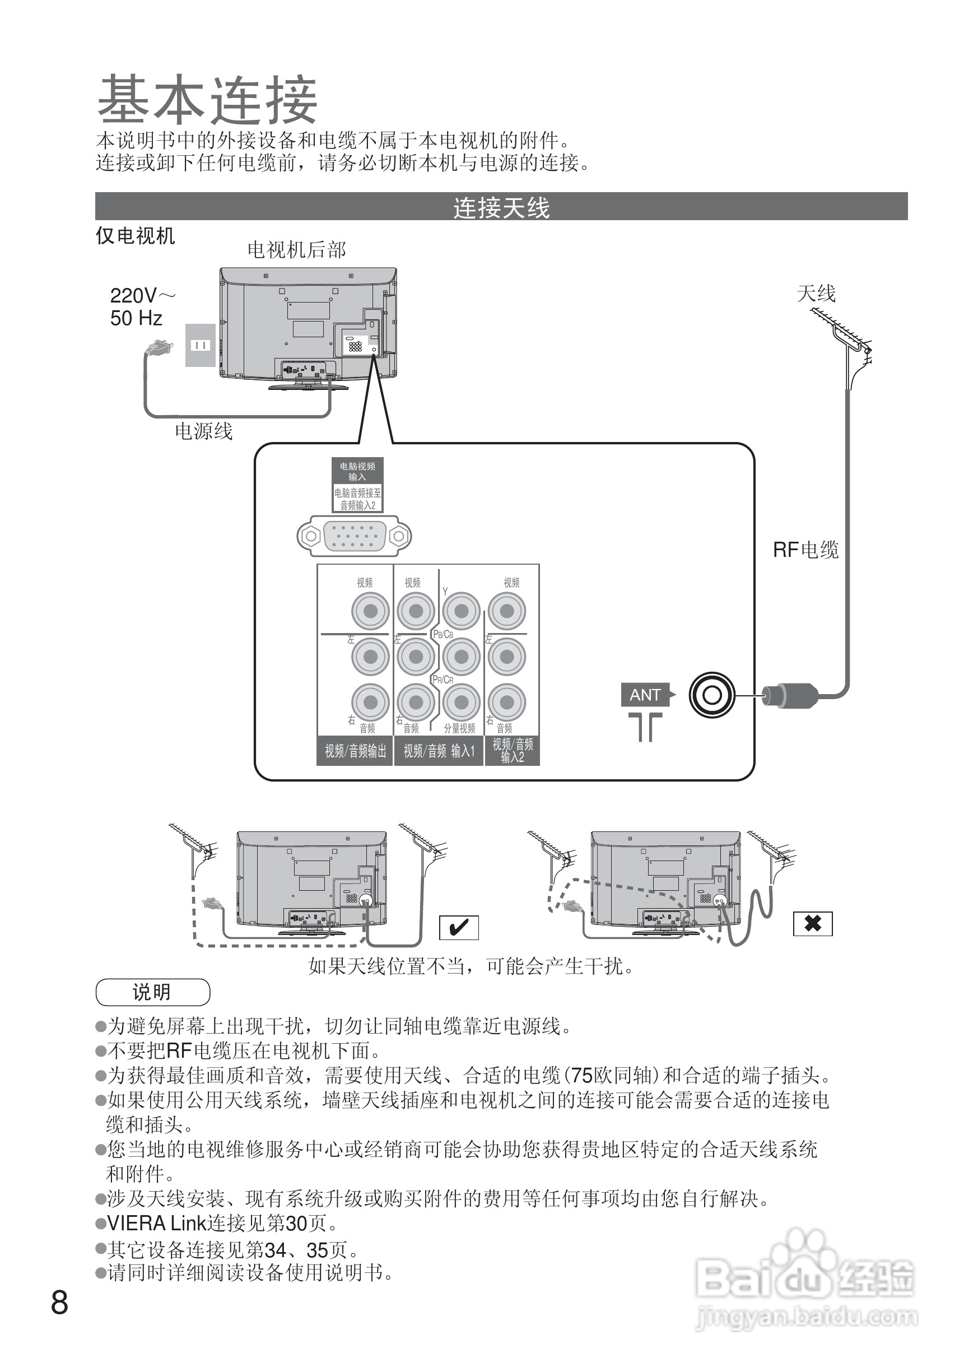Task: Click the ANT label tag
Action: [x=645, y=695]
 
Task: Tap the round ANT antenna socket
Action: [x=712, y=695]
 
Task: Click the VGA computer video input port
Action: [x=354, y=536]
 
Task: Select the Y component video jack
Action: [x=462, y=611]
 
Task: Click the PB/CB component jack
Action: [x=462, y=657]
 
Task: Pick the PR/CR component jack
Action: [x=462, y=703]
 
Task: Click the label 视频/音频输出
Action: [x=355, y=751]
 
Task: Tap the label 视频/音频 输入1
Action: [x=439, y=751]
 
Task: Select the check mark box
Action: [x=459, y=928]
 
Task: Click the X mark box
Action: [x=812, y=923]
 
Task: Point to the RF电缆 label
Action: [x=805, y=550]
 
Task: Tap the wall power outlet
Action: [x=200, y=345]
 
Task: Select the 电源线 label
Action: [x=203, y=431]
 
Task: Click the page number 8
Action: [x=59, y=1303]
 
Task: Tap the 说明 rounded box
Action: [x=152, y=992]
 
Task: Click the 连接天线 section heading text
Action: [x=501, y=208]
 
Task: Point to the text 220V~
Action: [x=143, y=296]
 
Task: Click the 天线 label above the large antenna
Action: [x=816, y=294]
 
